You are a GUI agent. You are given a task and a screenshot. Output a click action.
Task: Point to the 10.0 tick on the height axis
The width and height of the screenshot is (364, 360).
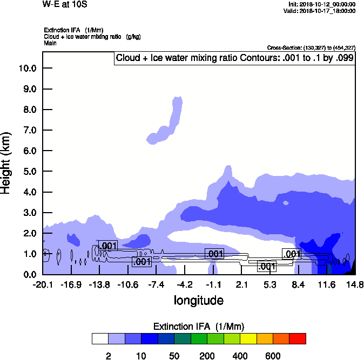point(27,69)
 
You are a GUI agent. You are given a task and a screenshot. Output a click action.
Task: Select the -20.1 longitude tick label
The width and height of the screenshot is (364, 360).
point(43,284)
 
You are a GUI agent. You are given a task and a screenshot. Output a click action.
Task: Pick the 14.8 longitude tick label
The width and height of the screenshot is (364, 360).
point(354,284)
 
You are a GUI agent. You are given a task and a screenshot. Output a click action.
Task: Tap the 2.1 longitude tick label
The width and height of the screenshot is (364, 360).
point(241,284)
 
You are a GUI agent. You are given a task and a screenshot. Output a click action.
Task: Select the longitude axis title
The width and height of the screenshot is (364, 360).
point(198,300)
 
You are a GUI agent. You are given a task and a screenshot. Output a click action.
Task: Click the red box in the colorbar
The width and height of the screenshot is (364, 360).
point(298,338)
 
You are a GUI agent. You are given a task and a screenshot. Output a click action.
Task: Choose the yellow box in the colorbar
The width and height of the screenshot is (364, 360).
point(247,338)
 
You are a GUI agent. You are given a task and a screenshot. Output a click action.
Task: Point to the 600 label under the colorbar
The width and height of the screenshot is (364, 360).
point(273,356)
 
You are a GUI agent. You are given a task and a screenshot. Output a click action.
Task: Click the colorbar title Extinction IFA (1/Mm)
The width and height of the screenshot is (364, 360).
point(199,327)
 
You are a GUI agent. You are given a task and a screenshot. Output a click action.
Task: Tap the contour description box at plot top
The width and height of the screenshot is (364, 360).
point(234,58)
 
